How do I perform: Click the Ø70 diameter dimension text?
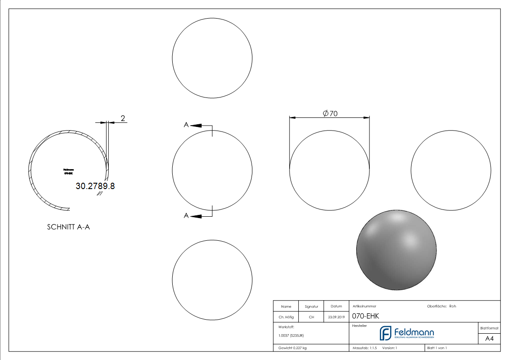330,114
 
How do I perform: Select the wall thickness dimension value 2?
122,118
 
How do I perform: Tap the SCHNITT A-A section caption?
68,227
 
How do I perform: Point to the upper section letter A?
186,125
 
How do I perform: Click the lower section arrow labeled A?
196,216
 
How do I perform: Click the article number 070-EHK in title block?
365,316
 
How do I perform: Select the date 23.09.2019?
336,317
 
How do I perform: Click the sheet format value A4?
489,338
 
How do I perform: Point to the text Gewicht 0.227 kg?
292,348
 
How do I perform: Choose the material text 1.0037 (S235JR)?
291,336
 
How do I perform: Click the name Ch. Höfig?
286,317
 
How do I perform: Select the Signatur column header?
311,306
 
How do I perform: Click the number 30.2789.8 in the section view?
95,186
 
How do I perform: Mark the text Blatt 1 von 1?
437,348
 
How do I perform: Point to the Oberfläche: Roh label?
441,306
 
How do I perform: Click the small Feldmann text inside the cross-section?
69,170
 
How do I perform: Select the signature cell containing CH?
311,317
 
